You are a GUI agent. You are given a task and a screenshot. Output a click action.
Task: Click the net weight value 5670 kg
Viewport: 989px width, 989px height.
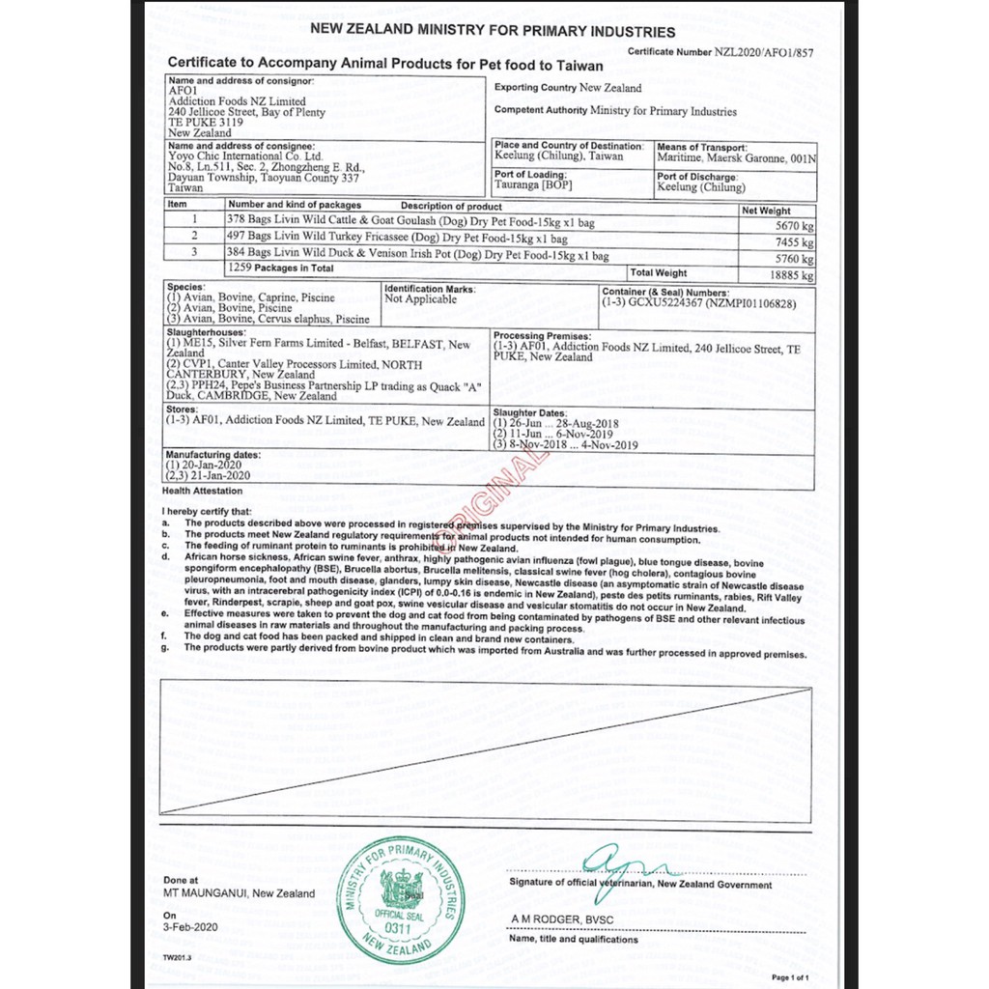(794, 224)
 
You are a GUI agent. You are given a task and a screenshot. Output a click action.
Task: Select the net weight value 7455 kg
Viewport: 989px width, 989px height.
(794, 241)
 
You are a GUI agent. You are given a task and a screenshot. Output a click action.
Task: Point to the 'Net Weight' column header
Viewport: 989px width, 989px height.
(767, 210)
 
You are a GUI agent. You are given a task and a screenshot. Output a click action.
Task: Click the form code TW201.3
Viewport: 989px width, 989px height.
(177, 957)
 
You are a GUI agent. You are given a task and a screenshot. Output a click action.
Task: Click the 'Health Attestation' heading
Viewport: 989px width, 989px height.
(203, 491)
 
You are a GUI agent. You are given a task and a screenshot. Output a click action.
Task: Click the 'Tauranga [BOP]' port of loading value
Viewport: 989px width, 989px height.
(532, 184)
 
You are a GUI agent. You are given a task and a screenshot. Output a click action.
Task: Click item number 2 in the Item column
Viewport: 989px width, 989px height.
(195, 236)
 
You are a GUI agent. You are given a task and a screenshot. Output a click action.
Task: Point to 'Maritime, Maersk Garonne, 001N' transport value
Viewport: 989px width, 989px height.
(736, 157)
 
